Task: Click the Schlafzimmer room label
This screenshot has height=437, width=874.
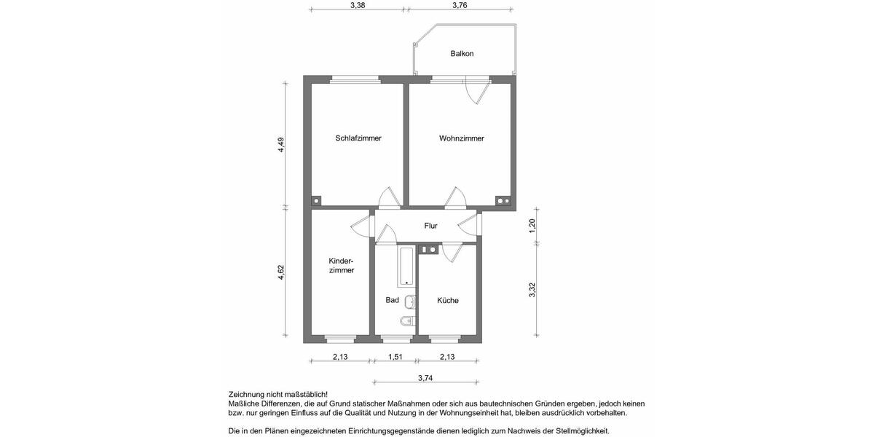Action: point(358,138)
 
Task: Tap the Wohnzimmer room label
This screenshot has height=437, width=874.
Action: point(461,138)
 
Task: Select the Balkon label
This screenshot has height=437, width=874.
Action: point(462,54)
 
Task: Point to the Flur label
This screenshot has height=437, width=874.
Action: point(430,226)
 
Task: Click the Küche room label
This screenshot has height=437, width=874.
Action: point(448,300)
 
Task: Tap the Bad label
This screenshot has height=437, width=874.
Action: point(392,300)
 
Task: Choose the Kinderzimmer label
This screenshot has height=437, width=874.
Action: point(341,265)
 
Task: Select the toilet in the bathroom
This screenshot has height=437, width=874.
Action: point(407,320)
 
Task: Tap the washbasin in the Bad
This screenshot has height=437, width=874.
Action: point(410,301)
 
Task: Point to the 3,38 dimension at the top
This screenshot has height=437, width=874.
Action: point(358,5)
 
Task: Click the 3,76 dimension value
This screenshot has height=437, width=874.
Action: point(460,5)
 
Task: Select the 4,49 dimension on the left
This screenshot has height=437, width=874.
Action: point(281,145)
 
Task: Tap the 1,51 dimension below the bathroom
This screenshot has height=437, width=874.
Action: point(395,357)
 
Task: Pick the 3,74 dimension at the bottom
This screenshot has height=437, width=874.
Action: point(425,377)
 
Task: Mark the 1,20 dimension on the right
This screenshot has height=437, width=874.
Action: point(532,225)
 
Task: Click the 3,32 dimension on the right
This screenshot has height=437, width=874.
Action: point(532,290)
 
